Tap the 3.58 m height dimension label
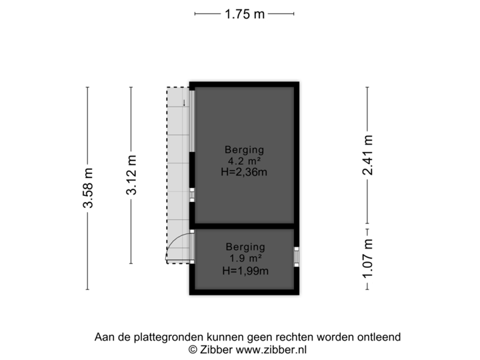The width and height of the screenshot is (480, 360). point(88,188)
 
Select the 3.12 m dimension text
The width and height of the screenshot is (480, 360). point(131,175)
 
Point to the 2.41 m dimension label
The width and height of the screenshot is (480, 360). point(367,155)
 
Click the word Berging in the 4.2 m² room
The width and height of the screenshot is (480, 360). point(244,149)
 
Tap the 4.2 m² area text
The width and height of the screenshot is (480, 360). point(244,161)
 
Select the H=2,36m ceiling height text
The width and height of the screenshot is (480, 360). point(244,173)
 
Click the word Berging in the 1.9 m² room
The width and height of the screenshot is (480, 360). point(245,246)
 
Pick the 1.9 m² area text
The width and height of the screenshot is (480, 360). point(245,258)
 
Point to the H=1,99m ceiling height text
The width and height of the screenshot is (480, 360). point(245,270)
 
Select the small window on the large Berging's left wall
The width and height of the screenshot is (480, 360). point(192,195)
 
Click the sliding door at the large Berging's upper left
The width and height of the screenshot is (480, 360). point(192,120)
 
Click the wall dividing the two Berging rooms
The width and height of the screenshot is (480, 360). point(244,225)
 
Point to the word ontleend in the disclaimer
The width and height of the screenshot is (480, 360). point(381,337)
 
